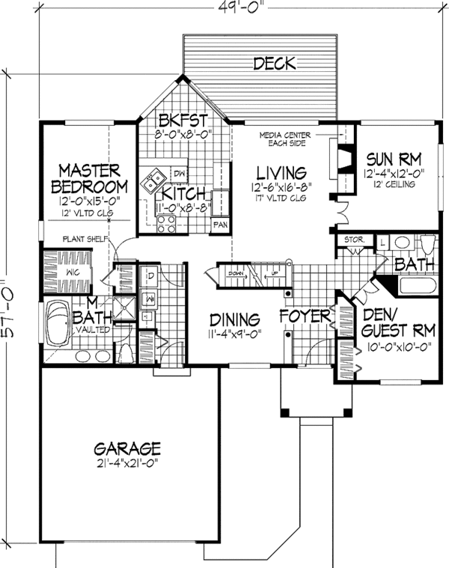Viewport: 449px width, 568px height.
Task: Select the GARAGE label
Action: (127, 449)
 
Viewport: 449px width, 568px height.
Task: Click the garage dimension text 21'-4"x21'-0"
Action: (127, 465)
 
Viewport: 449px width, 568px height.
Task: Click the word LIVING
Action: (281, 171)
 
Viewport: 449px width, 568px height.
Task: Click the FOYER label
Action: (305, 317)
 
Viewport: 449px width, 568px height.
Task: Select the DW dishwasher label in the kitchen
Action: (178, 171)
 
